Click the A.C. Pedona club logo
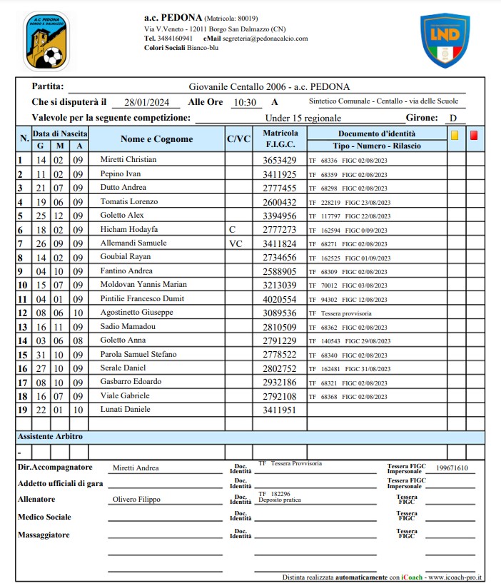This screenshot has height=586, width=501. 46,40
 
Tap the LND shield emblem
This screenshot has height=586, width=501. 444,40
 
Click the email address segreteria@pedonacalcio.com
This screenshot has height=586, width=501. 265,39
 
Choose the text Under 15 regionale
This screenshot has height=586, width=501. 303,118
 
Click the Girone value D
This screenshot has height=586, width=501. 452,118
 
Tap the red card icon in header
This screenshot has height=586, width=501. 474,133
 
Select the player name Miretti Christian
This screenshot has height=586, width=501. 128,159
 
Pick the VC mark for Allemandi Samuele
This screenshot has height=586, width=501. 236,243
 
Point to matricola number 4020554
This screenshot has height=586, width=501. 279,298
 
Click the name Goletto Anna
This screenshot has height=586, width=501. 123,340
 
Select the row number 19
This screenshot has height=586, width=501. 22,410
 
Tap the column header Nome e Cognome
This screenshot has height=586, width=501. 156,139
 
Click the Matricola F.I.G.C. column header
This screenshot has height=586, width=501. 280,139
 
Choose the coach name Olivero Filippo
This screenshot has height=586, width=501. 136,500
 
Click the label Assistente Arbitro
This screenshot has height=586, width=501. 50,435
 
